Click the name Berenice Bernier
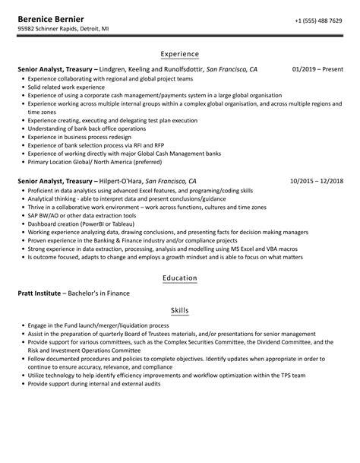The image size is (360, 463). click(x=52, y=18)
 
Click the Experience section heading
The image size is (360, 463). click(x=180, y=54)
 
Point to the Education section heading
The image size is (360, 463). click(x=180, y=278)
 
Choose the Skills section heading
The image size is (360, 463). click(x=180, y=311)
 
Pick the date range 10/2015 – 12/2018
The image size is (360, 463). click(x=316, y=181)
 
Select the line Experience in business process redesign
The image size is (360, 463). click(x=79, y=137)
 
